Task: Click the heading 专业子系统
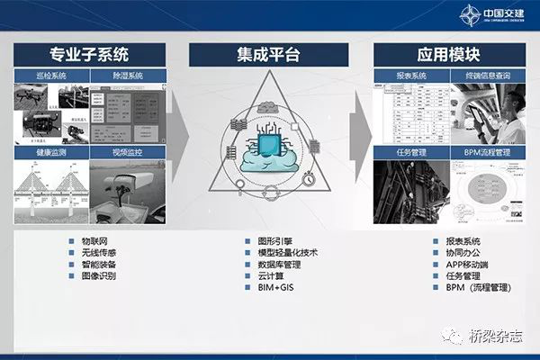tap(89, 53)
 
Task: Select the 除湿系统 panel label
tap(127, 76)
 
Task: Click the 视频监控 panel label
tap(127, 154)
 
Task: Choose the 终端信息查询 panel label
tap(485, 76)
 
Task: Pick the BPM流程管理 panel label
tap(485, 154)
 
